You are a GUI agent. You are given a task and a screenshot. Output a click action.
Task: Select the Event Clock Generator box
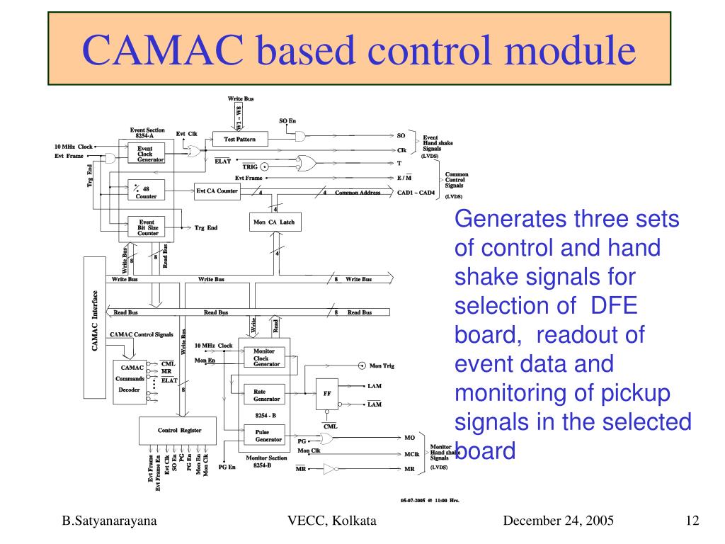point(145,154)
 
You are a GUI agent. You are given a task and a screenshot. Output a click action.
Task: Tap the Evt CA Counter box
point(217,191)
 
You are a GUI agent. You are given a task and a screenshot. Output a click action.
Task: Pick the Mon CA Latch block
point(274,222)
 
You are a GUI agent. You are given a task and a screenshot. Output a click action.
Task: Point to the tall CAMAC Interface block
point(94,327)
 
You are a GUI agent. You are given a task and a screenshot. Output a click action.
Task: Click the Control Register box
point(179,430)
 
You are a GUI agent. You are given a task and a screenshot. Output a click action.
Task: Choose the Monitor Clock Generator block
point(261,358)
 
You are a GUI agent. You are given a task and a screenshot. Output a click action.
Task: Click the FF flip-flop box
point(326,394)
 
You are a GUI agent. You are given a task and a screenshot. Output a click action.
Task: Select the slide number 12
point(692,521)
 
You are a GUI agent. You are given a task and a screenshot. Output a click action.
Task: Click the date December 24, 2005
point(558,521)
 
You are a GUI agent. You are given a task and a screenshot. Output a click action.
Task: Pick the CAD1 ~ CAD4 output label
point(416,192)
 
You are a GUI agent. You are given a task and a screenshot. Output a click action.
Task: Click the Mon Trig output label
point(382,366)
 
